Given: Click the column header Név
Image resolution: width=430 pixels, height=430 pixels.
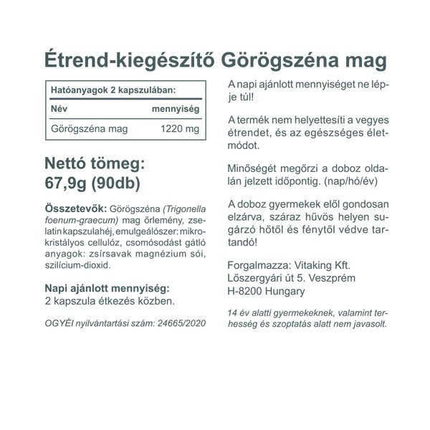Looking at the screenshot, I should coord(59,109).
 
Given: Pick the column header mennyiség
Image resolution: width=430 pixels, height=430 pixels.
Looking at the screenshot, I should coord(176,109).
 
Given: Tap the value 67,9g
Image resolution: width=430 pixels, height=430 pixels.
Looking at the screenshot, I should coord(69,181).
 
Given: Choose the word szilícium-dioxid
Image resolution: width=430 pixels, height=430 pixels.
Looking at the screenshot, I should coord(77,265).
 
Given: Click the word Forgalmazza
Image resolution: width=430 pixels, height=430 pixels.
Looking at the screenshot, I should coord(254,264).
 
